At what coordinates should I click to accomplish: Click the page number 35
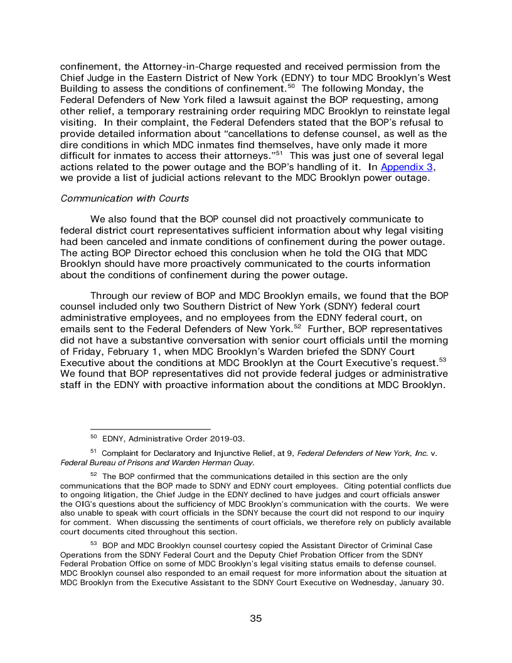(x=255, y=618)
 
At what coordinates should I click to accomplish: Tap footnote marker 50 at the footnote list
(x=93, y=437)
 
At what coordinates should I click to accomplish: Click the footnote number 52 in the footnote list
(x=93, y=475)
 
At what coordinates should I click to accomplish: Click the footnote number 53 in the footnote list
(x=93, y=544)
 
